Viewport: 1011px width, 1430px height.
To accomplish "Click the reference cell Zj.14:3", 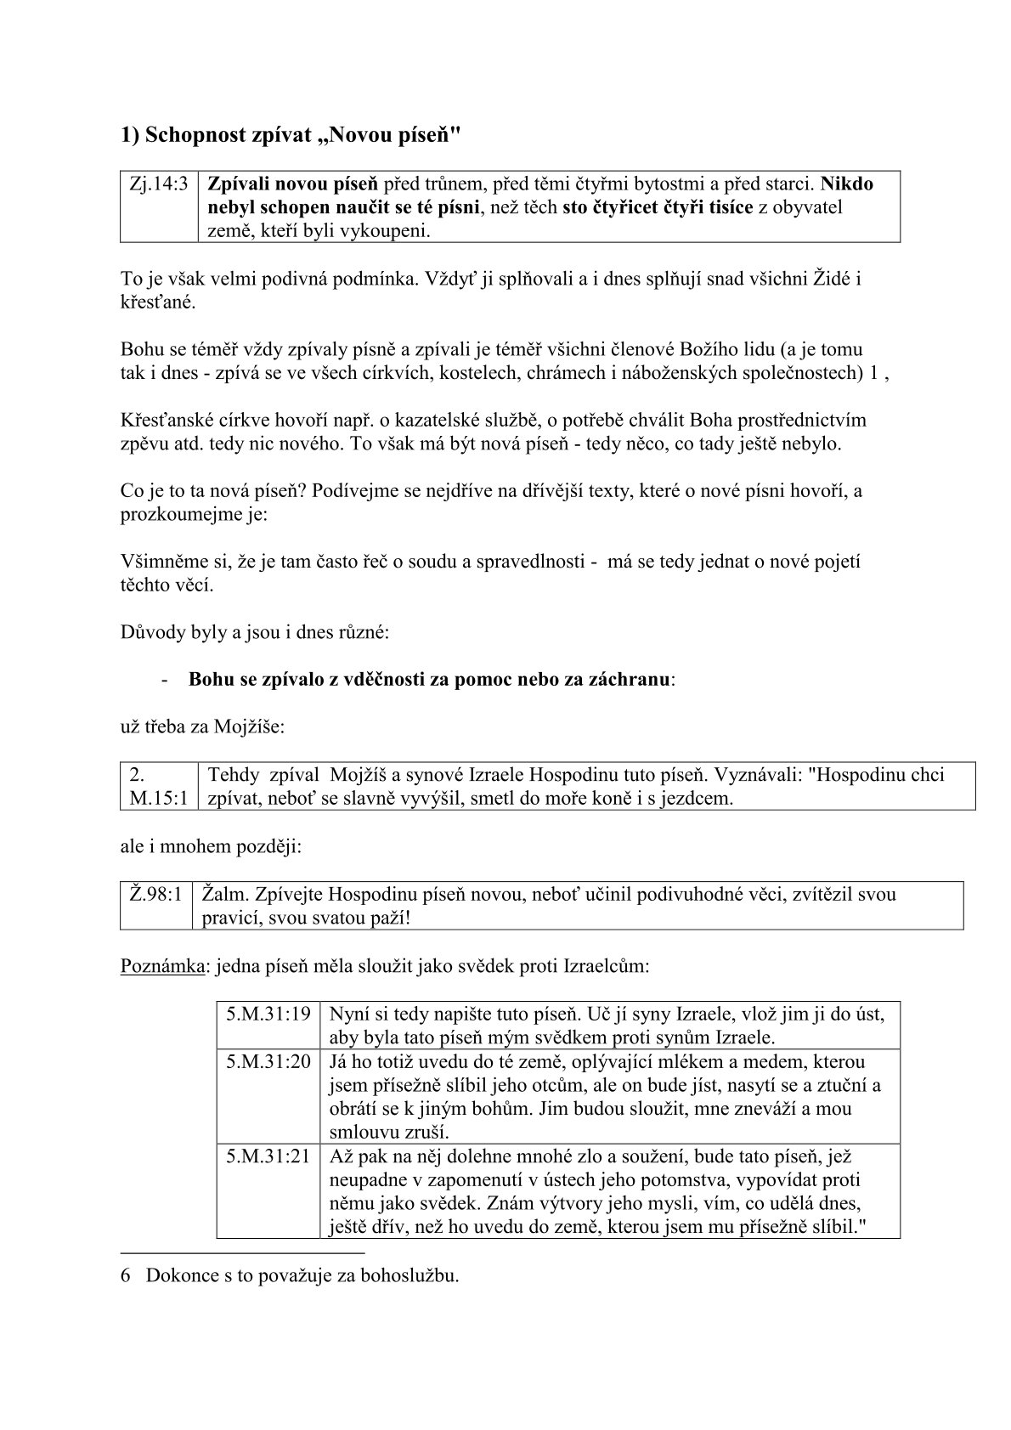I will coord(160,184).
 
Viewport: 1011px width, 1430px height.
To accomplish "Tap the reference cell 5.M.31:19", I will coord(268,1014).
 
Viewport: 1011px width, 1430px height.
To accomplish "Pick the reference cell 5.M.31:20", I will coord(268,1061).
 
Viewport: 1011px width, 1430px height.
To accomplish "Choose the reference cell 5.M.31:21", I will coord(268,1156).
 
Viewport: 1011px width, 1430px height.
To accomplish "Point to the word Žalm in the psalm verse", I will coord(223,895).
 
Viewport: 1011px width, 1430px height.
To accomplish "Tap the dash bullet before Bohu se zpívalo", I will coord(162,680).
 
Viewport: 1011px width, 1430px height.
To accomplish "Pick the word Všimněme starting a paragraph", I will coord(161,562).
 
